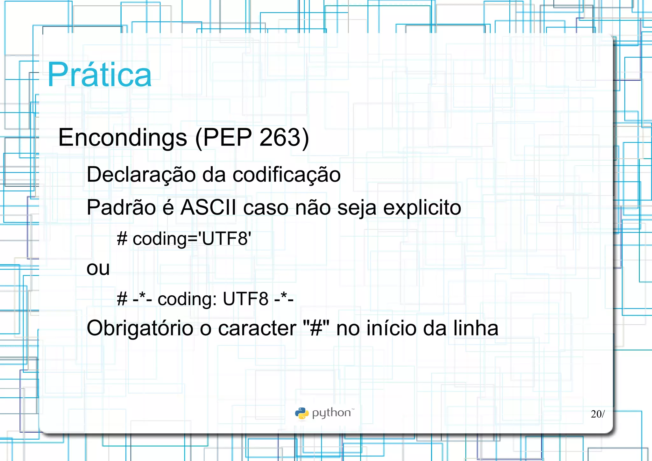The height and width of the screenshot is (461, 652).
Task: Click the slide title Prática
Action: coord(99,75)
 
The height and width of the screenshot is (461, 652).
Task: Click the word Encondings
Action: coord(123,138)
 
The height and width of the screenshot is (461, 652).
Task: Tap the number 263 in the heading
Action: coord(280,138)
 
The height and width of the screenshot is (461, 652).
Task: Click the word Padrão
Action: coord(121,207)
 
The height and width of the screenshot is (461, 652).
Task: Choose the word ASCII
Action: coord(208,207)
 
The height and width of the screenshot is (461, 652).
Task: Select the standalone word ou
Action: coord(98,269)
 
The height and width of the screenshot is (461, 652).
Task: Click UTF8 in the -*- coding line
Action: coord(245,299)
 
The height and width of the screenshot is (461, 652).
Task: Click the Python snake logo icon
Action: coord(301,413)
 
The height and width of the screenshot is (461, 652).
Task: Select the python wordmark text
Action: coord(331,413)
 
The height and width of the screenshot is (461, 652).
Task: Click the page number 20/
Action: coord(598,414)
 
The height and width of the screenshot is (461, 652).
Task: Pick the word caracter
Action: coord(257,328)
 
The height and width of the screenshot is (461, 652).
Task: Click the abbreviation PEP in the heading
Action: coord(227,138)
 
